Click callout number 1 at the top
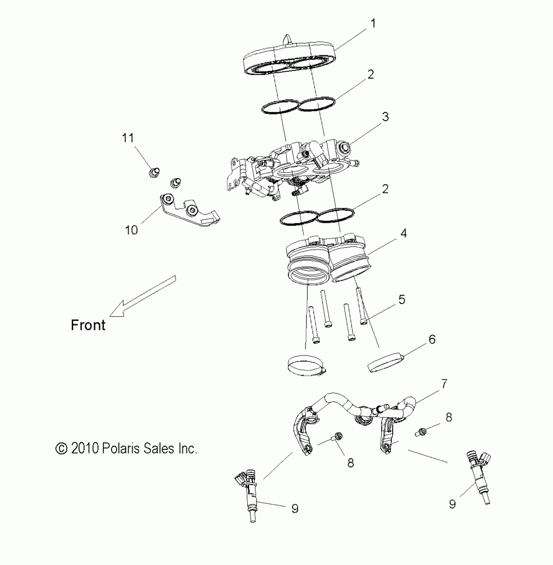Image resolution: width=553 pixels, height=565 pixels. click(x=373, y=24)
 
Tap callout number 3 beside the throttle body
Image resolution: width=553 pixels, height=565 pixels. click(x=385, y=117)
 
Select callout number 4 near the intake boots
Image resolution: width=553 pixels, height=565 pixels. click(x=403, y=233)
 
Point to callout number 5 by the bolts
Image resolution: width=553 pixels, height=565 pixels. click(x=402, y=300)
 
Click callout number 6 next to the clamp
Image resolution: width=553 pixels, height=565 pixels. click(x=432, y=340)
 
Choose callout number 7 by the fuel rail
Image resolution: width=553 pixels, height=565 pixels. click(x=444, y=384)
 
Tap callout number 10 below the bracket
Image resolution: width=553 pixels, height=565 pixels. click(x=131, y=230)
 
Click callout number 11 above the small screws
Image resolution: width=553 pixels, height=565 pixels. click(x=128, y=138)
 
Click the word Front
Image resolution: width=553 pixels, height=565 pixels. click(x=88, y=325)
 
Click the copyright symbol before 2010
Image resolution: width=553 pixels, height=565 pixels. click(x=61, y=449)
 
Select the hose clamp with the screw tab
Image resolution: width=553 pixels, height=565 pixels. click(x=306, y=366)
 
